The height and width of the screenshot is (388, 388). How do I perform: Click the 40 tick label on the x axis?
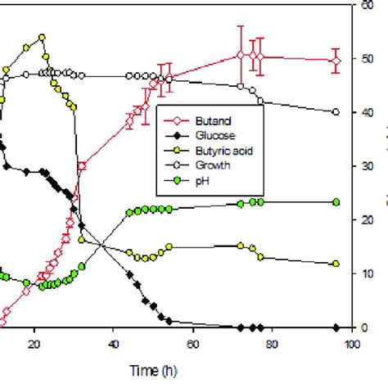coord(114,345)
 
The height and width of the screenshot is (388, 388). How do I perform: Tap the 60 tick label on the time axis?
coord(192,345)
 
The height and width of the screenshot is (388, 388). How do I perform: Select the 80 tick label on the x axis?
coord(272,345)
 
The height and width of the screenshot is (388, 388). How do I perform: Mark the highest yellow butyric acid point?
coord(42,38)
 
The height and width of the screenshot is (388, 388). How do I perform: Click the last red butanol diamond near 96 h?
coord(336,61)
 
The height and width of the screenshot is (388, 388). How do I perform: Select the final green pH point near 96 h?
coord(336,202)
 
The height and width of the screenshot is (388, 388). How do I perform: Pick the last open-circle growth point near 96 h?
coord(336,112)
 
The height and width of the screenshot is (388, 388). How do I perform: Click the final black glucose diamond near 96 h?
coord(336,327)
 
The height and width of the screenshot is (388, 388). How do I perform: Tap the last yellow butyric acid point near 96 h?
coord(336,264)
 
